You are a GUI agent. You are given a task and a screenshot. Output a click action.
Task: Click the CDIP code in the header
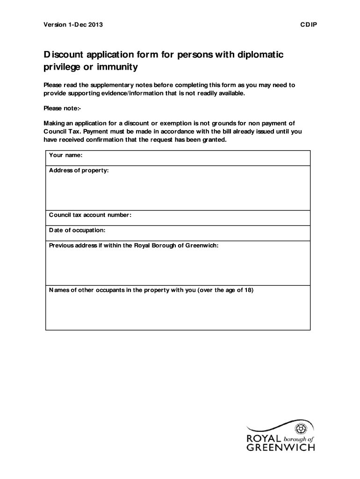click(308, 24)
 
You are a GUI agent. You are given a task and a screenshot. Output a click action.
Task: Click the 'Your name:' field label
click(66, 155)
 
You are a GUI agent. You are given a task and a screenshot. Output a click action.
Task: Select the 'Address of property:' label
click(79, 170)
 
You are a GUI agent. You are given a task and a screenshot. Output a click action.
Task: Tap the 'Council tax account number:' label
click(90, 215)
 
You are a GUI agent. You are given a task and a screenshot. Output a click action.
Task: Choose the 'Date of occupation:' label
click(77, 230)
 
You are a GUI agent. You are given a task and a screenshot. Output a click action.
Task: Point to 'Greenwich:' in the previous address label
click(202, 246)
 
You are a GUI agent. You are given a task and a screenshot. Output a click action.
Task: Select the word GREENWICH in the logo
click(281, 448)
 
